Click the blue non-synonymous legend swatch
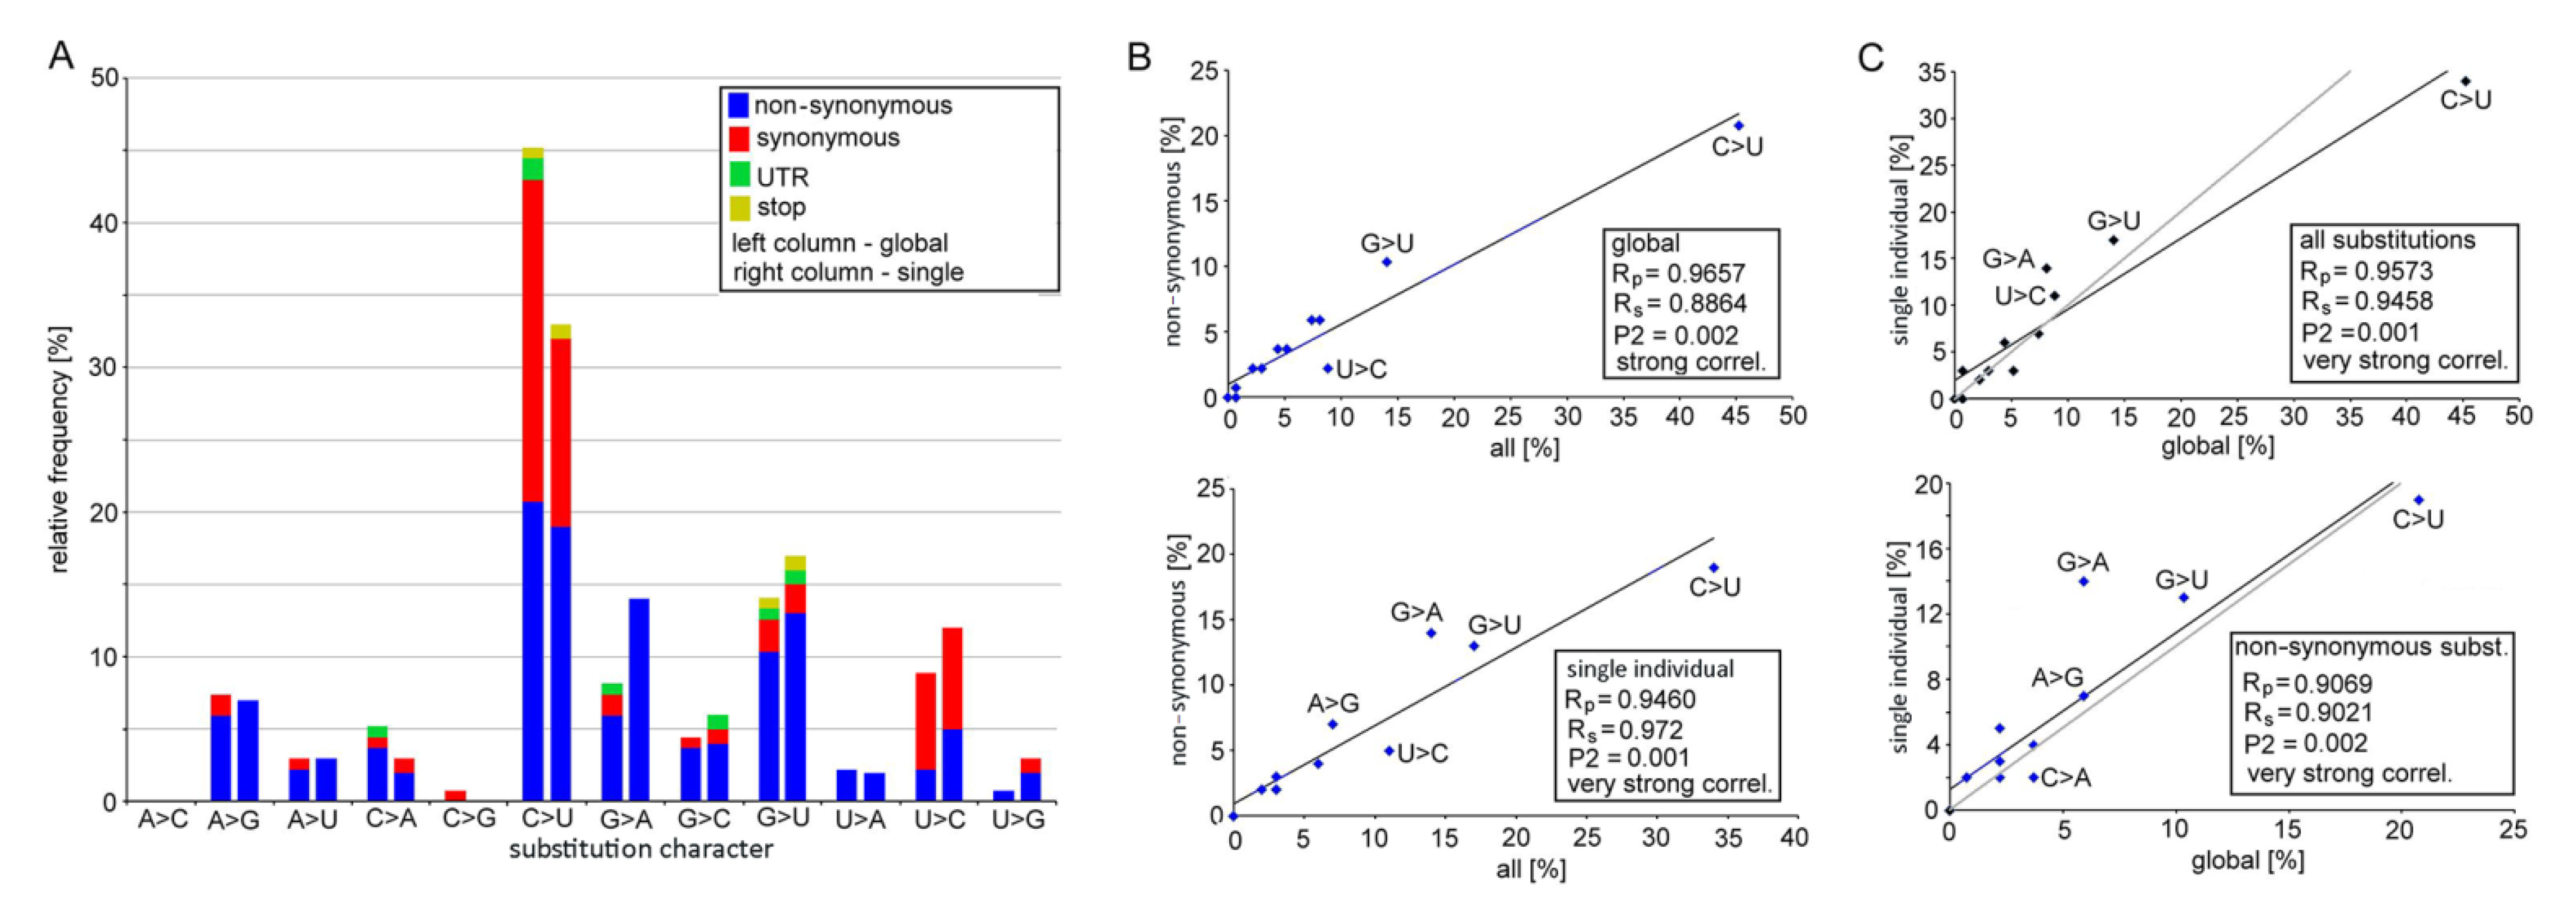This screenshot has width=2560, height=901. [x=739, y=105]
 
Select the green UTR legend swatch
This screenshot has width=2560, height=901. [x=739, y=175]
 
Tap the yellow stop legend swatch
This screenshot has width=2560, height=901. [x=739, y=208]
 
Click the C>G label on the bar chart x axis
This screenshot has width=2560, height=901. [x=469, y=819]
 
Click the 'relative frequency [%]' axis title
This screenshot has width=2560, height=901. [x=60, y=449]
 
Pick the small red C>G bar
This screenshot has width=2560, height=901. [x=455, y=795]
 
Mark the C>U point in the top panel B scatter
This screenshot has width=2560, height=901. [x=1738, y=126]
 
